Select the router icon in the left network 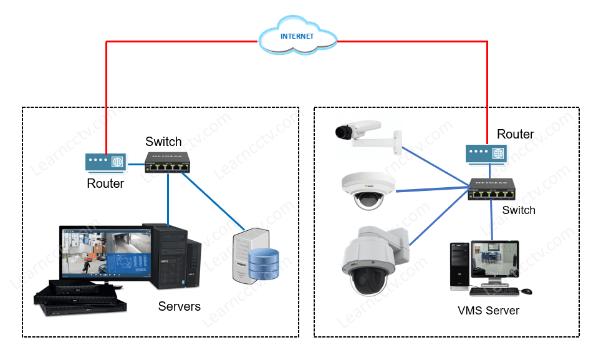point(105,162)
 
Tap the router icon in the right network point(486,153)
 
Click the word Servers point(180,306)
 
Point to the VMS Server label point(488,310)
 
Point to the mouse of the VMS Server point(526,291)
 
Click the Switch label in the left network point(163,142)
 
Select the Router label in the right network point(515,134)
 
